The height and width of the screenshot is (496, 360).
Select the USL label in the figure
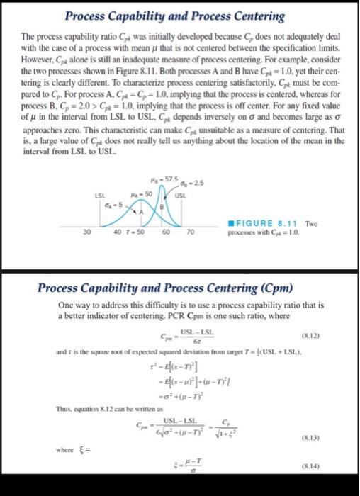click(181, 193)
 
